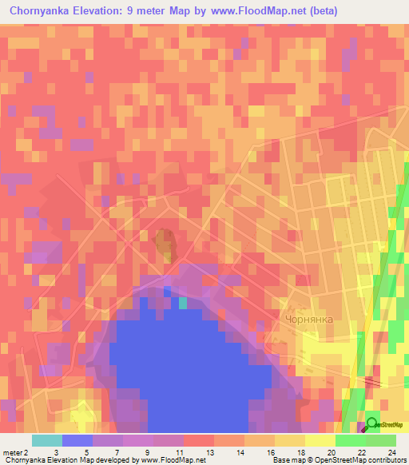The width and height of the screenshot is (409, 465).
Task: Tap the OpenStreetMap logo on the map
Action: (382, 424)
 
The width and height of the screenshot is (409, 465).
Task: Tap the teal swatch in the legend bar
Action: (46, 440)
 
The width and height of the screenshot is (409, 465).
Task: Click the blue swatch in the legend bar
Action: (77, 440)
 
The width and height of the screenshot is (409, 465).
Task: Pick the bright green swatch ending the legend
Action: (380, 440)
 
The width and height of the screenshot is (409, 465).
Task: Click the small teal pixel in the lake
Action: (183, 302)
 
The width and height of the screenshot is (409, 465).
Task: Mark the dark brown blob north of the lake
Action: (165, 244)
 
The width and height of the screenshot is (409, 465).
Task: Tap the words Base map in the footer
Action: (285, 460)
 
